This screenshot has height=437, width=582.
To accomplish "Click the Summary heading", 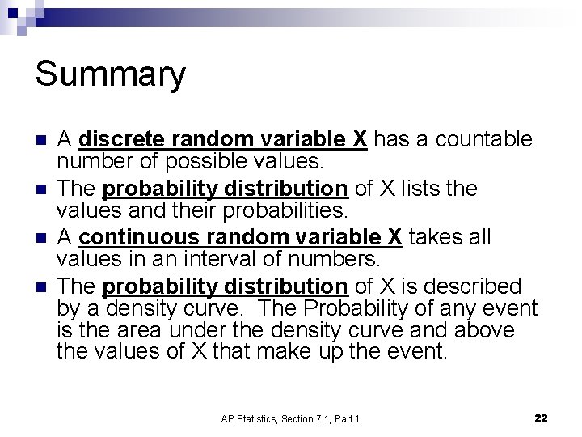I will point(110,74).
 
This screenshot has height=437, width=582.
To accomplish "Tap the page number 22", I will point(542,418).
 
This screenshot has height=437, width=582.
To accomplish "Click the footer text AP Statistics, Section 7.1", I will point(290,418).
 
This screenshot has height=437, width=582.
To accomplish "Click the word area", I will point(139,330).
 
